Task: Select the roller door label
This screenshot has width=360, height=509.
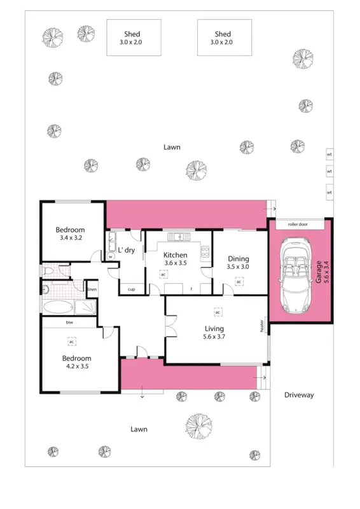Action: (x=297, y=224)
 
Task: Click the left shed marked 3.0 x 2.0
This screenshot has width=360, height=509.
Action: (x=132, y=38)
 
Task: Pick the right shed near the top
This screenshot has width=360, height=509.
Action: (x=224, y=38)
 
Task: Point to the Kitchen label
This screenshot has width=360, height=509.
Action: (x=175, y=255)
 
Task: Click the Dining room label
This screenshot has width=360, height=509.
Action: (x=239, y=259)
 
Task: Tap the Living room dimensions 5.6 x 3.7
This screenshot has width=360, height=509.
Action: (x=214, y=337)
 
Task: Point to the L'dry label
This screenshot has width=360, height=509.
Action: (x=127, y=250)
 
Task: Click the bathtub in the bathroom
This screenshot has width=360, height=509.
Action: (x=58, y=307)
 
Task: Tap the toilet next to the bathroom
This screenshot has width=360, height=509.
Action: (x=48, y=272)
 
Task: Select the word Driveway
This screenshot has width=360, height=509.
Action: (x=298, y=395)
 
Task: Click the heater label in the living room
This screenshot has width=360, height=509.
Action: (x=261, y=325)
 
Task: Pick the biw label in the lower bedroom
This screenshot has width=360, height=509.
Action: (x=69, y=323)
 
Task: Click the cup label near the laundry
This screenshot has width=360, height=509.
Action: (x=131, y=289)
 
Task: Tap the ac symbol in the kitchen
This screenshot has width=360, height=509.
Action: (x=163, y=274)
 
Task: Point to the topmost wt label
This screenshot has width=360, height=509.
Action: (x=329, y=154)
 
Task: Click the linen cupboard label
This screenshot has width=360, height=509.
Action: (x=92, y=289)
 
